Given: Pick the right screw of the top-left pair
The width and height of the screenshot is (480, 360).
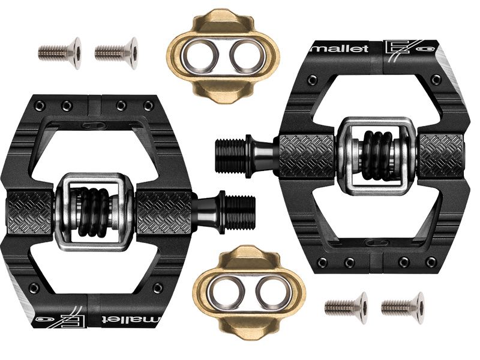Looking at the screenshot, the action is pos(116,53).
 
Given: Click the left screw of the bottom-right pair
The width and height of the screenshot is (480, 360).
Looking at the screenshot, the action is pos(346,308).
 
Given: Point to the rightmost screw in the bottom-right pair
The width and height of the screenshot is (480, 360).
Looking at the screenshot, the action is pos(403,308).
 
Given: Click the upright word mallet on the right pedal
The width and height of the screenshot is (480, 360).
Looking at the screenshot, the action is pos(340,49).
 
